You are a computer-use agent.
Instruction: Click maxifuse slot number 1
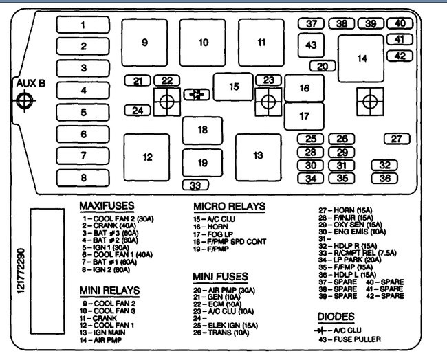coord(83,25)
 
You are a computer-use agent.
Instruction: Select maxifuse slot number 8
coord(83,178)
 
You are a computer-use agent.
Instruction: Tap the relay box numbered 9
coord(144,43)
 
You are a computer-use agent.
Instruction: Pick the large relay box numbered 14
coord(362,58)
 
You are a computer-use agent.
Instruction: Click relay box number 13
coord(258,156)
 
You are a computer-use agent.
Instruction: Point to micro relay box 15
coord(234,87)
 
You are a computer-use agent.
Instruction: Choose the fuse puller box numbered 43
coord(312,46)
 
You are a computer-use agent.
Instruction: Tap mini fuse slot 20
coord(322,67)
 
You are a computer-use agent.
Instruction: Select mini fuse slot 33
coord(196,185)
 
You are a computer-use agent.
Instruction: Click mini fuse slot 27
coord(397,139)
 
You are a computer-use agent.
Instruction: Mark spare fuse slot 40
coord(400,23)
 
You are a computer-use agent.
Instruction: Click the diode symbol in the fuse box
coord(197,94)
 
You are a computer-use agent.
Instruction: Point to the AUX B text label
coord(31,84)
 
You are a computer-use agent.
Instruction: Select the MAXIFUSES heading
coord(107,205)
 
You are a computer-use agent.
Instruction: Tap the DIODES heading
coord(336,317)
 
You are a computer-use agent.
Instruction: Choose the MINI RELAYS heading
coord(109,290)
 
